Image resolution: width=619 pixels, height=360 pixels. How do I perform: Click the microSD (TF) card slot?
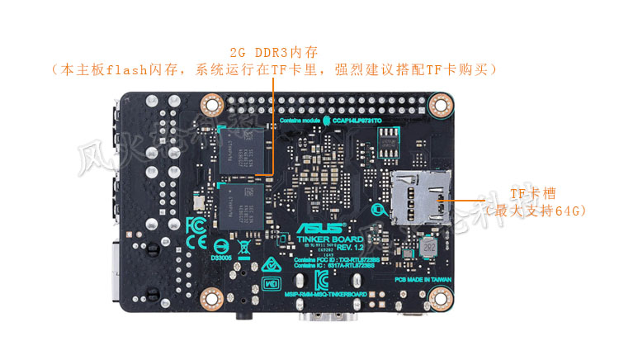[x=422, y=197]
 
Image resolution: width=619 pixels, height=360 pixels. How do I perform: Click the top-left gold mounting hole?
[x=212, y=105]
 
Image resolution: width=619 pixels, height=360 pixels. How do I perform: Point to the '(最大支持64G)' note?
[x=536, y=211]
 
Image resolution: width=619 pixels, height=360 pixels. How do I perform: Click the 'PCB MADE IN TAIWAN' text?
[x=423, y=279]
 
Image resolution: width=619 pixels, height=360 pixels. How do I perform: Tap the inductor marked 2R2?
[x=428, y=247]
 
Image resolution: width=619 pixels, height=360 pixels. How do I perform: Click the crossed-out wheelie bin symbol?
[x=244, y=245]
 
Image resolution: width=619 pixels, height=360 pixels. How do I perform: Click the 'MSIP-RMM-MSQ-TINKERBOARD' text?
[x=325, y=295]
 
